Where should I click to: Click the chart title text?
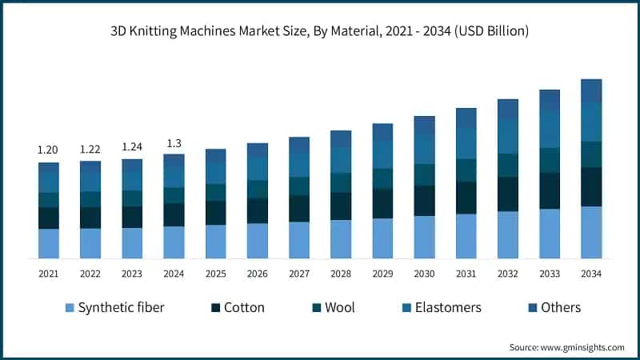[x=320, y=31]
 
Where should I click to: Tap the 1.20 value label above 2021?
[x=48, y=150]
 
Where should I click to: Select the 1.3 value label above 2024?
[x=174, y=143]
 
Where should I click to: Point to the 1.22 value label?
[x=90, y=150]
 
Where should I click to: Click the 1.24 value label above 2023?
[x=132, y=146]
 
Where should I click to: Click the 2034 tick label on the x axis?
[x=591, y=274]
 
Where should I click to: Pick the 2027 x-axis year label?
[x=299, y=274]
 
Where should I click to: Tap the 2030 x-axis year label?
[x=424, y=274]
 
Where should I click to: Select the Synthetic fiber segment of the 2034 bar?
[x=591, y=232]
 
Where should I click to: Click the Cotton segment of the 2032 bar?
[x=508, y=194]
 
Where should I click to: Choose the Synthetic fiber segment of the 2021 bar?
[x=49, y=243]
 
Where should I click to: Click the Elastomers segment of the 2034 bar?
[x=591, y=122]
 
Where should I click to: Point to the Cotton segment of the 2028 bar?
[x=341, y=206]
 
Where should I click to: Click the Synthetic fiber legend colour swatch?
[x=68, y=308]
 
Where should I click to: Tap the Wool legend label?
[x=339, y=308]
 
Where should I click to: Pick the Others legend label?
[x=561, y=308]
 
